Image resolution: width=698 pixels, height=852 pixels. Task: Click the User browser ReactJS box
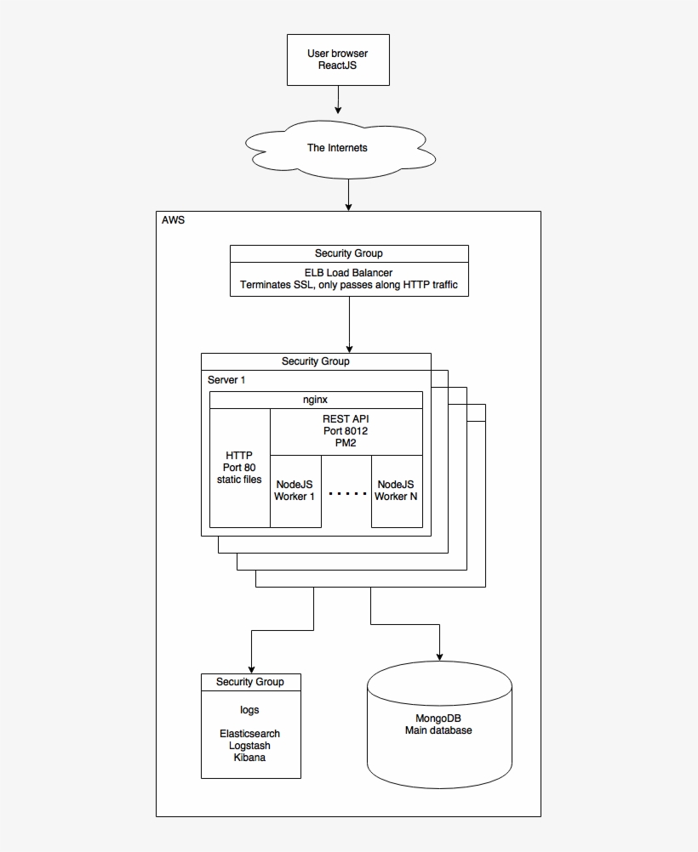(x=338, y=60)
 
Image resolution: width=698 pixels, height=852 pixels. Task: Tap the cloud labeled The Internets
(x=337, y=148)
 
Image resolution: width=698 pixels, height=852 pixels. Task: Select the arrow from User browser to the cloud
(x=338, y=99)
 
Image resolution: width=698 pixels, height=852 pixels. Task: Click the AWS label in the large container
(x=173, y=219)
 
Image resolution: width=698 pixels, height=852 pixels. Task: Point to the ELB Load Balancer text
(x=348, y=273)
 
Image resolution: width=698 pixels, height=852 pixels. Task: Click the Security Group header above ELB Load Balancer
(x=348, y=253)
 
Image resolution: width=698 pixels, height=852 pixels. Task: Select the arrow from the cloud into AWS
(x=348, y=196)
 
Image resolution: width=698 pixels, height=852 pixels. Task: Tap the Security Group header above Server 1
(x=315, y=361)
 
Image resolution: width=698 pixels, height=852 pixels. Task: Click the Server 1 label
(x=226, y=380)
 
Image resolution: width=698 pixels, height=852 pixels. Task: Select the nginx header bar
(x=316, y=400)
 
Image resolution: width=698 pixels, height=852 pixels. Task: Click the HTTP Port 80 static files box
(x=239, y=468)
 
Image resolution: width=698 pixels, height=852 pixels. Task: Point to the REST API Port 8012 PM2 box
(x=346, y=431)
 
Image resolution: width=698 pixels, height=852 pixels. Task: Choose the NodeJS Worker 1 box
(x=295, y=491)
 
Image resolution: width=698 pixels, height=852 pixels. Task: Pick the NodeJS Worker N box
(x=397, y=491)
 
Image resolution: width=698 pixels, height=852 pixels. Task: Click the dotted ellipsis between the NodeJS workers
(x=346, y=494)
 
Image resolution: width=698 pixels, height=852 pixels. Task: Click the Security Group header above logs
(x=250, y=682)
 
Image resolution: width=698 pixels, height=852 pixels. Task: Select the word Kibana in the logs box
(x=249, y=758)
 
